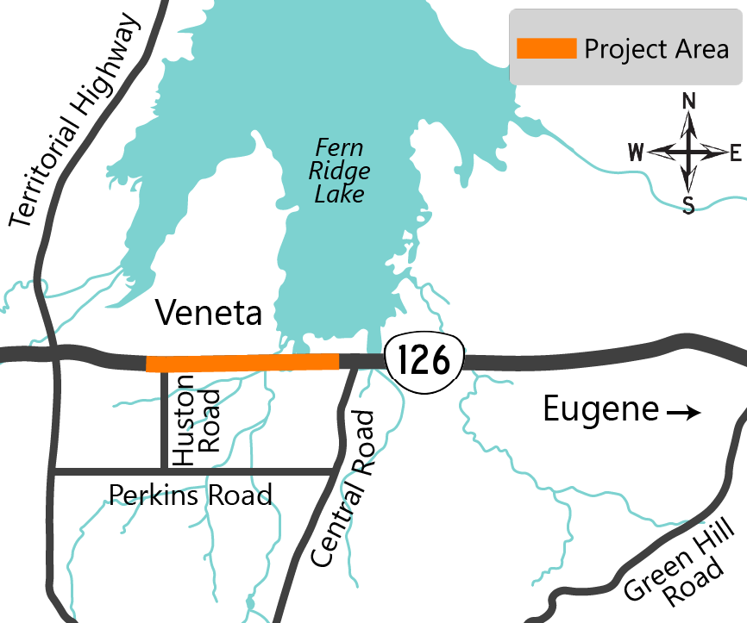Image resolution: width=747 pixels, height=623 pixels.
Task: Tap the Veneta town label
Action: coord(208,314)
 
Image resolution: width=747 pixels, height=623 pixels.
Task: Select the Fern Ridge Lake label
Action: coord(340,171)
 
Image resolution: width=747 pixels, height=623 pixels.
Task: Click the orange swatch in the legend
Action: coord(546,49)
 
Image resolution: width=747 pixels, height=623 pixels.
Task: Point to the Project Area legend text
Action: coord(656,49)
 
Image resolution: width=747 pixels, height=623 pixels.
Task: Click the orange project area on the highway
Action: coord(242,363)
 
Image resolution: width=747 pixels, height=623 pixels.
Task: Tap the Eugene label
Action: coord(600,411)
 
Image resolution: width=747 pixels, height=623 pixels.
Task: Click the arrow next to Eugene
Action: coord(683,414)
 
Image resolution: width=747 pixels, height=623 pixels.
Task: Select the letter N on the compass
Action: coord(688,101)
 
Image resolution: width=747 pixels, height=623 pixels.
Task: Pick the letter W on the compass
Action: coord(636,154)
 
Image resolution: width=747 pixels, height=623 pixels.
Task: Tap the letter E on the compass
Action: coord(735,154)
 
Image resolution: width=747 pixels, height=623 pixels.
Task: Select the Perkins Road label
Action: coord(190,495)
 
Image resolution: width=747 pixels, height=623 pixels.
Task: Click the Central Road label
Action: coord(342,488)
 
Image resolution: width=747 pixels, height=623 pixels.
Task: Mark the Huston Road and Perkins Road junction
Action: coord(164,471)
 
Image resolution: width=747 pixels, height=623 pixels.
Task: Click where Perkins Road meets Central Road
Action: coord(335,471)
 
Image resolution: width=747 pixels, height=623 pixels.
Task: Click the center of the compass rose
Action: coord(688,153)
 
